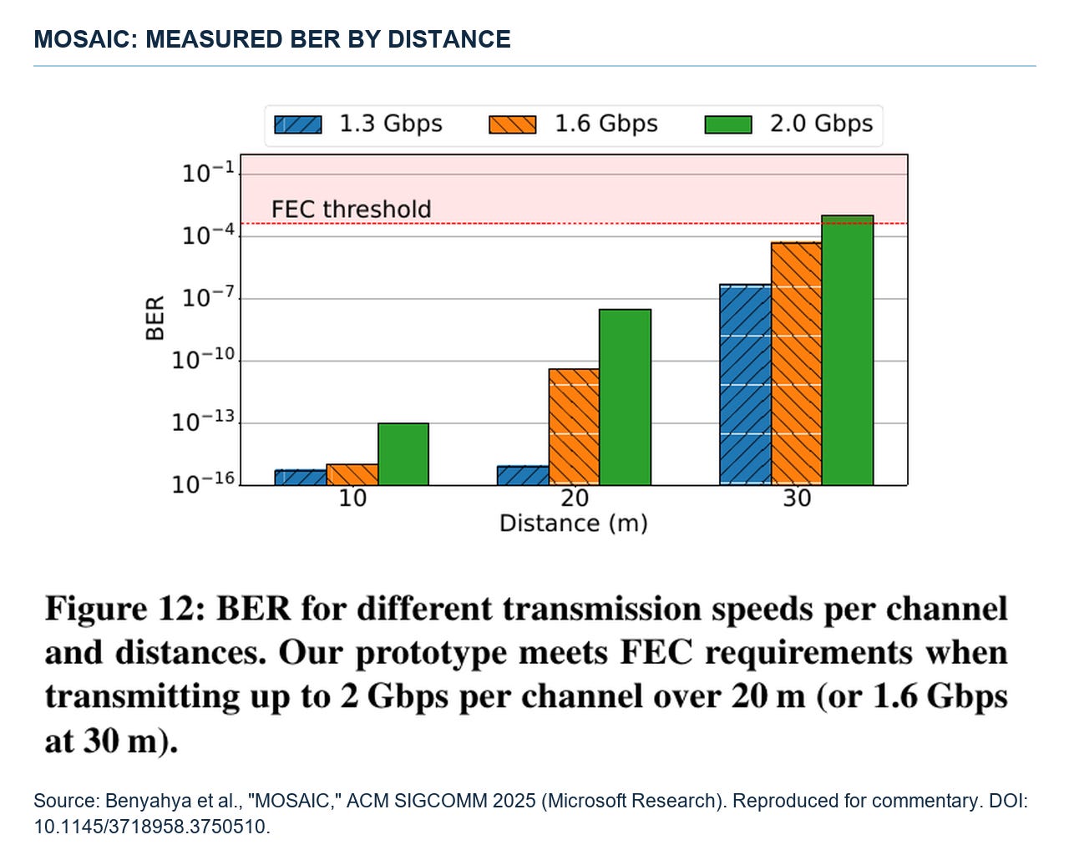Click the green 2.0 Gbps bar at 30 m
pos(847,350)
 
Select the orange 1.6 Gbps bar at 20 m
pos(574,427)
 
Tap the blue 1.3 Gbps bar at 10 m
pos(301,478)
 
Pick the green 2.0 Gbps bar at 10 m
pos(403,454)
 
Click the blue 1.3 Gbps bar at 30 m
pos(745,385)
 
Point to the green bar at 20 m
pos(625,397)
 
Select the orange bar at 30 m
pos(796,364)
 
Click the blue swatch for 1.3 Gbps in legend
pos(298,124)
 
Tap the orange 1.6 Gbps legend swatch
pos(512,124)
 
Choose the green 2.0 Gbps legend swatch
pos(727,124)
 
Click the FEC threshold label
pos(352,210)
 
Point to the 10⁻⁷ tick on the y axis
pos(209,297)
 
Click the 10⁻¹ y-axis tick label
pos(209,173)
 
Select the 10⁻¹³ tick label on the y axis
pos(203,422)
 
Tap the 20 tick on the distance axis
pos(575,498)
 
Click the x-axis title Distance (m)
pos(574,524)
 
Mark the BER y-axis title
pos(155,318)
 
